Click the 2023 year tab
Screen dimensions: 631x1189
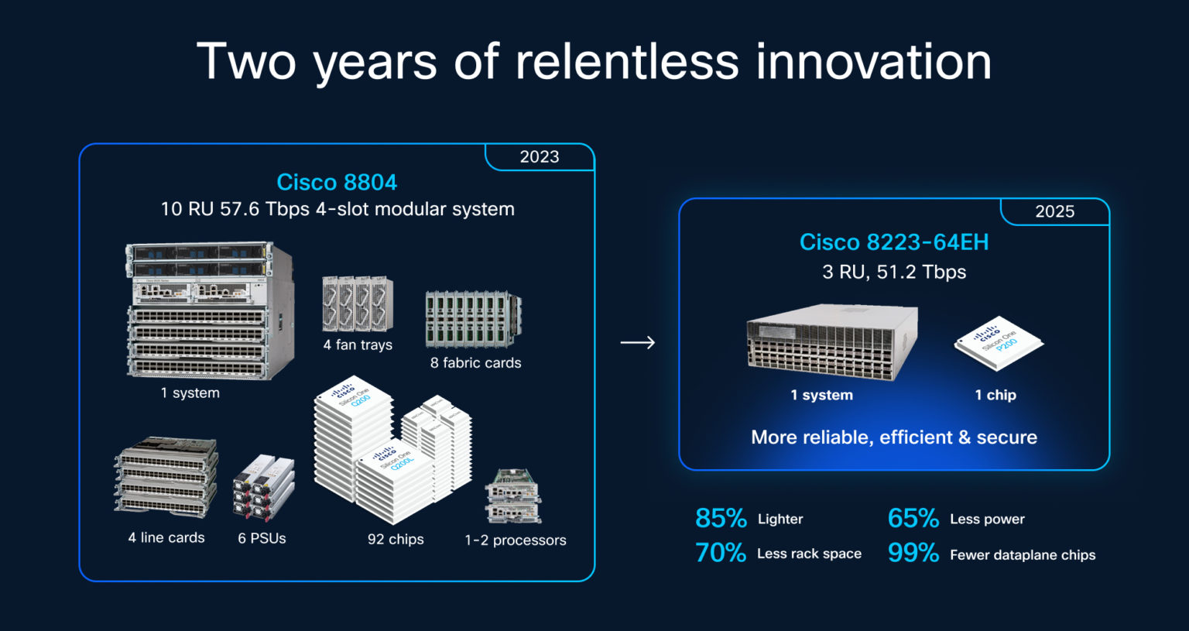539,156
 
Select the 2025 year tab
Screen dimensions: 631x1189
1054,211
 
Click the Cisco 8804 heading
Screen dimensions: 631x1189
337,182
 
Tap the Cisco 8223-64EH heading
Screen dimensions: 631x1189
893,242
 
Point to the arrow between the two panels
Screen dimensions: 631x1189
637,342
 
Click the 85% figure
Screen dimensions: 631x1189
720,519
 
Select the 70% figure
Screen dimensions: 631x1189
720,553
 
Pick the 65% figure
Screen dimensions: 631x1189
913,519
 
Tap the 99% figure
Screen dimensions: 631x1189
913,553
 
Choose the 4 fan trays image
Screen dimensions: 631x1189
358,304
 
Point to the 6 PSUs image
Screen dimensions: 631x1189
263,488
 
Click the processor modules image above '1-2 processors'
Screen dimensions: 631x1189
513,496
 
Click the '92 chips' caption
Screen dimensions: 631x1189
396,539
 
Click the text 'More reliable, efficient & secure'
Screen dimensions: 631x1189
893,437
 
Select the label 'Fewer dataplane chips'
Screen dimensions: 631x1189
1022,554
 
